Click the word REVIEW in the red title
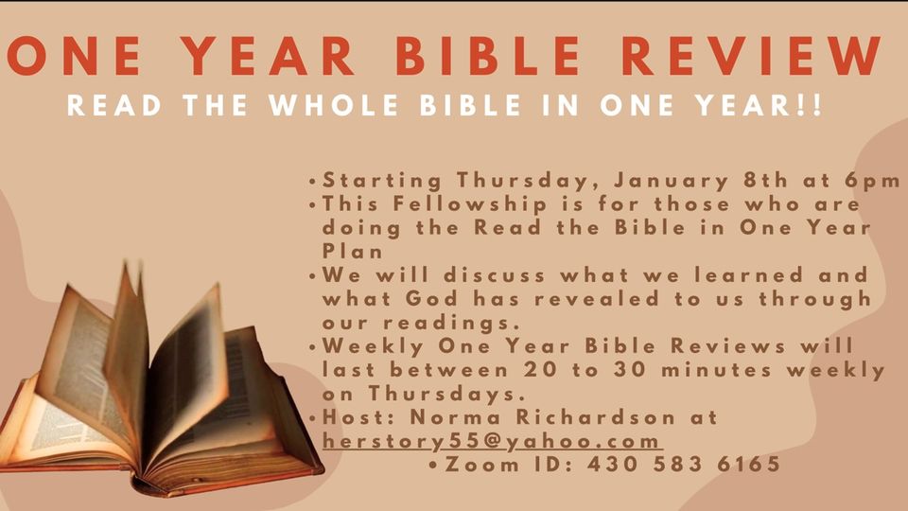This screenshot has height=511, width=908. click(x=763, y=57)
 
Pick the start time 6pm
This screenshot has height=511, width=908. click(x=876, y=180)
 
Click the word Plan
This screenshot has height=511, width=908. click(x=352, y=251)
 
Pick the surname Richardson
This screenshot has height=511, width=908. click(x=581, y=417)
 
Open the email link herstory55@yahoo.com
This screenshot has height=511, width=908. click(x=491, y=441)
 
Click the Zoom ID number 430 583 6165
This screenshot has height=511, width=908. click(x=683, y=465)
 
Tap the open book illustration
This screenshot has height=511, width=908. click(x=161, y=388)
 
